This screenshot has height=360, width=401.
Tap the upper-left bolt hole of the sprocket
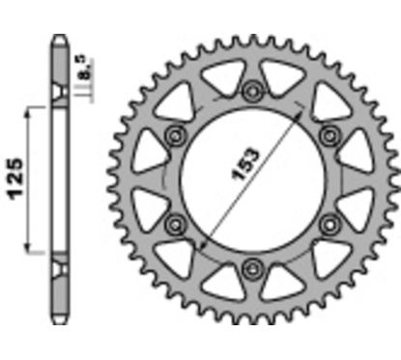[177, 135]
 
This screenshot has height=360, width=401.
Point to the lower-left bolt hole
[177, 224]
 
